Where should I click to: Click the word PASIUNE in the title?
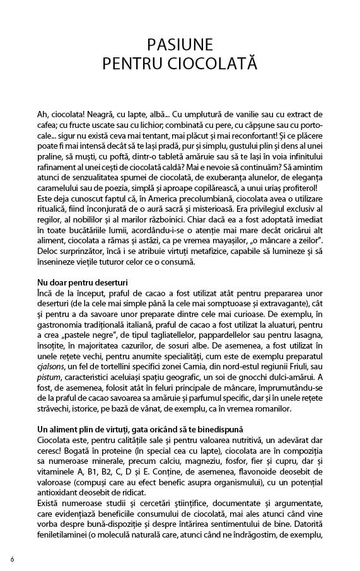coord(180,45)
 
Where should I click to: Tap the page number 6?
coord(12,559)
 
